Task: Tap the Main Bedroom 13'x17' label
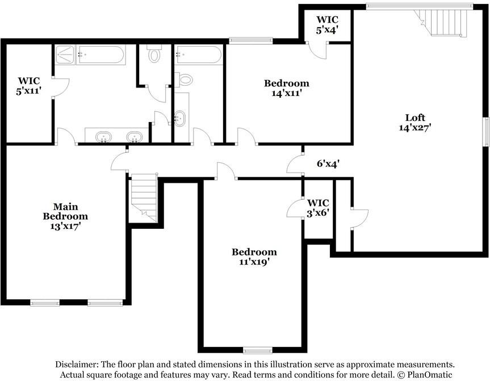coord(66,216)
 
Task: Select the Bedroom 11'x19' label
coord(254,257)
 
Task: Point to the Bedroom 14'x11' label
coord(286,89)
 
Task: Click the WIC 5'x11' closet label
coord(29,85)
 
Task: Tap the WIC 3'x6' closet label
coord(318,207)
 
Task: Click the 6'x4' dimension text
coord(328,164)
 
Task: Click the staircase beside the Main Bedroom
coord(144,196)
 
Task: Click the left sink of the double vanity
coord(103,136)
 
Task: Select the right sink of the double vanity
coord(134,136)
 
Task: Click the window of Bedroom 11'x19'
coord(259,350)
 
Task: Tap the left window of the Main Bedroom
coord(45,303)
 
